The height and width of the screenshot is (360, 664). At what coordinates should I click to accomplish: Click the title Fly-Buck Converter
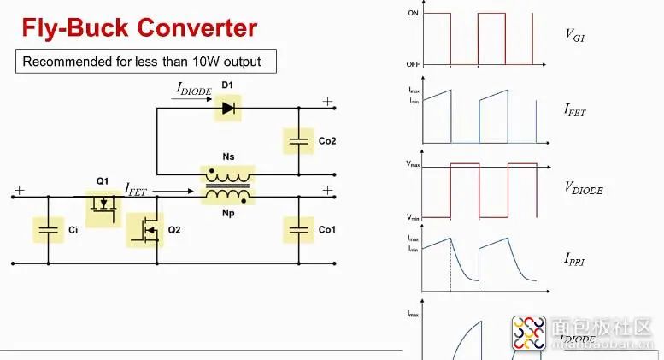coord(138,27)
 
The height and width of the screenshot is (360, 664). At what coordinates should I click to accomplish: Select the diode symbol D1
coord(227,108)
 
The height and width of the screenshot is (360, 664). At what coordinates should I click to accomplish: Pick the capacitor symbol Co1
coord(298,230)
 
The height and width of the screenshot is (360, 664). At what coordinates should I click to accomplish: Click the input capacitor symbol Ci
coord(48,230)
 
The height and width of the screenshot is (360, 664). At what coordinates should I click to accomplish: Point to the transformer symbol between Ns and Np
coord(227,186)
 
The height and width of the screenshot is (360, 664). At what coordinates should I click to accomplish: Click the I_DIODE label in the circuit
coord(193,88)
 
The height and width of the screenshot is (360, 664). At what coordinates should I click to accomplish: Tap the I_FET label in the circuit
coord(140,187)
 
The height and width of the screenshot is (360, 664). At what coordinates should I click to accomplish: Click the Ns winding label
coord(227,156)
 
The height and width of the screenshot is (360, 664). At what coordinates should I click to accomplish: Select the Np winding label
coord(227,214)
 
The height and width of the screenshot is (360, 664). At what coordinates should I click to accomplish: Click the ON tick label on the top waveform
coord(414,14)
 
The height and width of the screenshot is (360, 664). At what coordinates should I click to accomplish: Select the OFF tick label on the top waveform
coord(413,64)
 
